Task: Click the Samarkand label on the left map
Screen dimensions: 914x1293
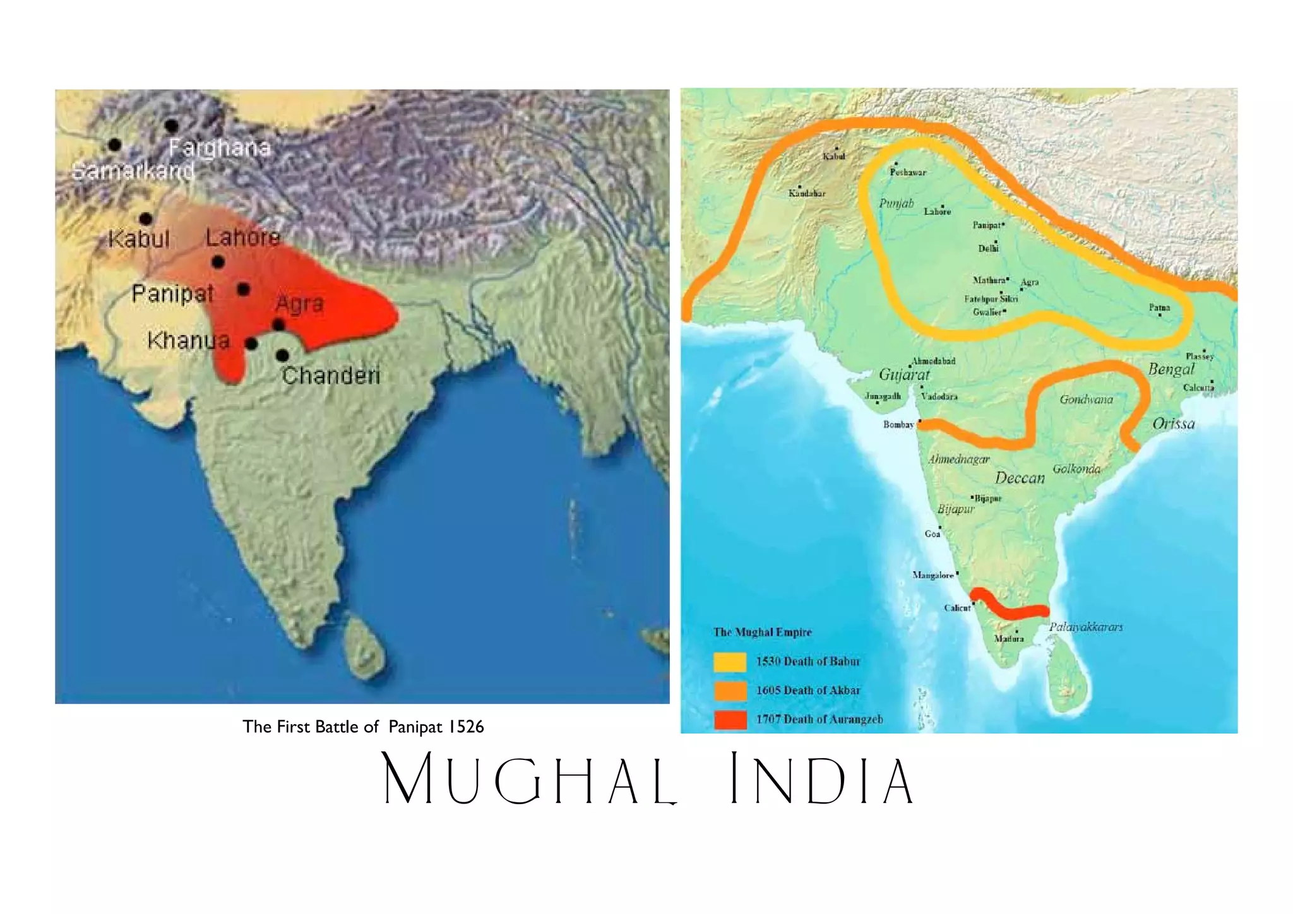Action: (133, 171)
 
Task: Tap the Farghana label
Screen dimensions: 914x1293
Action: (220, 148)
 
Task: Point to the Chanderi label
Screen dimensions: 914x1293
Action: (331, 376)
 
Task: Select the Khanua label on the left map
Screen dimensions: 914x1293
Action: (188, 341)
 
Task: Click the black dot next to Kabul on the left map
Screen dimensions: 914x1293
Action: (146, 219)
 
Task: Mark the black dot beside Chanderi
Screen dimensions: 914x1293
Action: (283, 355)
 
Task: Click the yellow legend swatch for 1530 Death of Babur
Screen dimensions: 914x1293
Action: (730, 662)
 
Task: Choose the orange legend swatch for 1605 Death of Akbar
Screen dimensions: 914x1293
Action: (730, 691)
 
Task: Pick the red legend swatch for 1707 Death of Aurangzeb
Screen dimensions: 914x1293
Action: (730, 720)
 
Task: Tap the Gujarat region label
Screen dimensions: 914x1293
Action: (904, 374)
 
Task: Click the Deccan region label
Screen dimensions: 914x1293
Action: (1020, 478)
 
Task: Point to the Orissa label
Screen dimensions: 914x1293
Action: (1173, 424)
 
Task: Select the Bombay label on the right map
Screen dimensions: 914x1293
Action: (898, 425)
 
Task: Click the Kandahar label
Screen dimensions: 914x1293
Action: (806, 194)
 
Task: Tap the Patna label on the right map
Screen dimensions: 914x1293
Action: (1159, 307)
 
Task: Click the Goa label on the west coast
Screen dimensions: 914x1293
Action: (932, 534)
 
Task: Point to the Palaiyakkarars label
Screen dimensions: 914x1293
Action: (1086, 627)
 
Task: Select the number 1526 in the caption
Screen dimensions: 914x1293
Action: (466, 727)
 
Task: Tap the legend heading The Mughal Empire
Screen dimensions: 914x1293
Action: (762, 632)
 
